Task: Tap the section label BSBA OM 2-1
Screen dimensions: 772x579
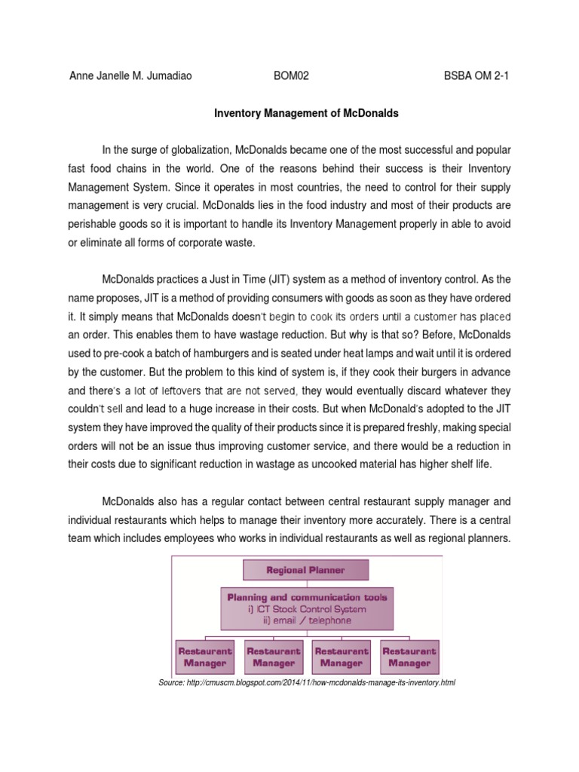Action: click(477, 75)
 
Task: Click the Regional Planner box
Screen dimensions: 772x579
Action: click(305, 571)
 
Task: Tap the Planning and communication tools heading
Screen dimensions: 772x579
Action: click(307, 597)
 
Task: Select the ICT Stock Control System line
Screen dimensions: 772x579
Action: click(307, 609)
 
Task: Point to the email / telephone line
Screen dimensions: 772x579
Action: click(307, 620)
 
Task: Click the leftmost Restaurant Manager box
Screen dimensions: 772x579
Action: click(204, 657)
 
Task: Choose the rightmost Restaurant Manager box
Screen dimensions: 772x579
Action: click(409, 657)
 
